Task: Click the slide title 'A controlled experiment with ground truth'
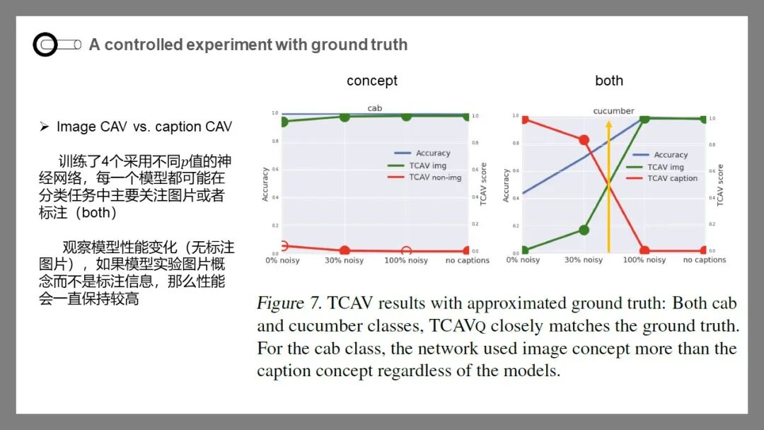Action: pos(248,45)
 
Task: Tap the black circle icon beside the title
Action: pos(45,45)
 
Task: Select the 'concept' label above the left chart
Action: pos(372,81)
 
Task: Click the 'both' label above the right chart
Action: pos(609,81)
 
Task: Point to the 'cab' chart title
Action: pos(374,108)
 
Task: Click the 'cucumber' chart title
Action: pos(613,111)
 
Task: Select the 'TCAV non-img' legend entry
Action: pos(434,178)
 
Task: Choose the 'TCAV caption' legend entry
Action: pos(672,178)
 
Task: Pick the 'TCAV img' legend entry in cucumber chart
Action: pos(666,167)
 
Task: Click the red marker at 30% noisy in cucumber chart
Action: pos(584,140)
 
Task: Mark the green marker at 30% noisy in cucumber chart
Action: pos(584,230)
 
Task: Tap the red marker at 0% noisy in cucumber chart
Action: pos(524,119)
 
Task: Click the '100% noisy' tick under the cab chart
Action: pos(405,260)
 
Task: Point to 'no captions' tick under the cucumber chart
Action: pos(705,260)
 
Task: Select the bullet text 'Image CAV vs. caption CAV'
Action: pos(144,127)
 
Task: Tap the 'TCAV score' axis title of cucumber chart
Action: pos(720,185)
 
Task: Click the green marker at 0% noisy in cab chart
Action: pos(284,122)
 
